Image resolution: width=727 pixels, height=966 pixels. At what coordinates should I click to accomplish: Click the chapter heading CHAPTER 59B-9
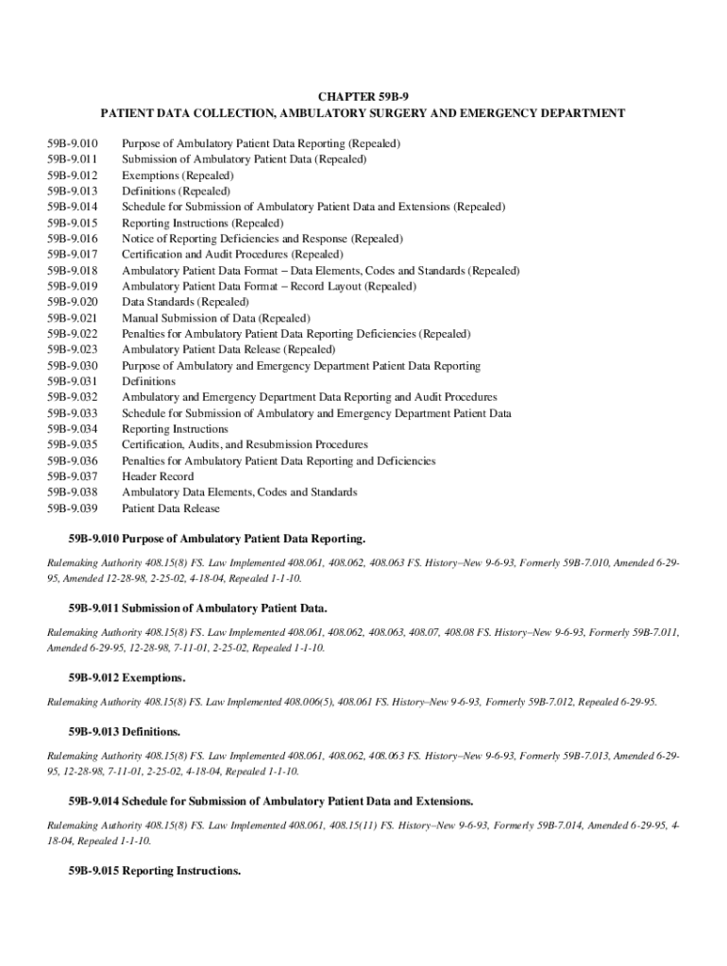click(363, 96)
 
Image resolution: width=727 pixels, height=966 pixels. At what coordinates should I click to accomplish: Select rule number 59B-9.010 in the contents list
click(73, 143)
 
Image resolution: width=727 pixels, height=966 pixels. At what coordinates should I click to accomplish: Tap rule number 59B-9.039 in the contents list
click(73, 508)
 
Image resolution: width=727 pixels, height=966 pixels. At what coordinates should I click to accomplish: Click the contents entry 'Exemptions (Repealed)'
click(178, 175)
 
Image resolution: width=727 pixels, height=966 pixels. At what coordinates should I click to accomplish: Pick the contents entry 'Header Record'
click(158, 476)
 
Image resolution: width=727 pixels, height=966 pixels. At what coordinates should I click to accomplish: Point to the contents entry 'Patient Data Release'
click(171, 508)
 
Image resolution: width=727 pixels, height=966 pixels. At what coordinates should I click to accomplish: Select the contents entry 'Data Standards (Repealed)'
click(186, 302)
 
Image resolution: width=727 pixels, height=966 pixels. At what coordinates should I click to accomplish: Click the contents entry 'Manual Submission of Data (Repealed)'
click(216, 318)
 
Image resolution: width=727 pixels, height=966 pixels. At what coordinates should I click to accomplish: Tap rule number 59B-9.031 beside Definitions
click(73, 381)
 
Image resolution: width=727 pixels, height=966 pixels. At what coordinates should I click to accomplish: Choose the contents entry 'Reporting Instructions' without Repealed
click(175, 429)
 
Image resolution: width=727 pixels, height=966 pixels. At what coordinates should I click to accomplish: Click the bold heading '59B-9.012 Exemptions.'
click(127, 678)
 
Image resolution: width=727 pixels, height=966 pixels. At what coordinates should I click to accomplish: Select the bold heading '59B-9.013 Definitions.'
click(124, 731)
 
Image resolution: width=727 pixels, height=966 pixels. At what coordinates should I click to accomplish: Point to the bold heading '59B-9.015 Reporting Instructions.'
click(154, 871)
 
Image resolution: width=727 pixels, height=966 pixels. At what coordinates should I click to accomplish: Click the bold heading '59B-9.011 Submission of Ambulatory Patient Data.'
click(197, 608)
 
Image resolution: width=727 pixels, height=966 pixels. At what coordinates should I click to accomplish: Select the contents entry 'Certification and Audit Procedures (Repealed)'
click(232, 255)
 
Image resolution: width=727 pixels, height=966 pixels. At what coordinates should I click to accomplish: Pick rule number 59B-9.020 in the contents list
click(73, 302)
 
